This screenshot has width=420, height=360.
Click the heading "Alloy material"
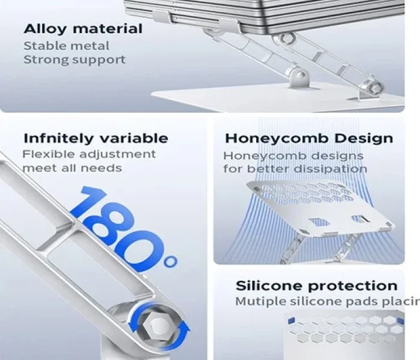tap(83, 29)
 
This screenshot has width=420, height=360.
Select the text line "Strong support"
tap(74, 60)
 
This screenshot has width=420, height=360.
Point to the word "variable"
tap(134, 138)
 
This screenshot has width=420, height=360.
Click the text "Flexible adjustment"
tap(89, 155)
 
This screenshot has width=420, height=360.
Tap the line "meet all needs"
tap(73, 168)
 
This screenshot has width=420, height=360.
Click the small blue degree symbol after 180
tap(170, 261)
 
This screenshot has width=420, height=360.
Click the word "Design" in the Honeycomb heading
tap(364, 139)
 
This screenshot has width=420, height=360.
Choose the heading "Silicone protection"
tap(316, 286)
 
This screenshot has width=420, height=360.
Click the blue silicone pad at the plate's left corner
tap(291, 320)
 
